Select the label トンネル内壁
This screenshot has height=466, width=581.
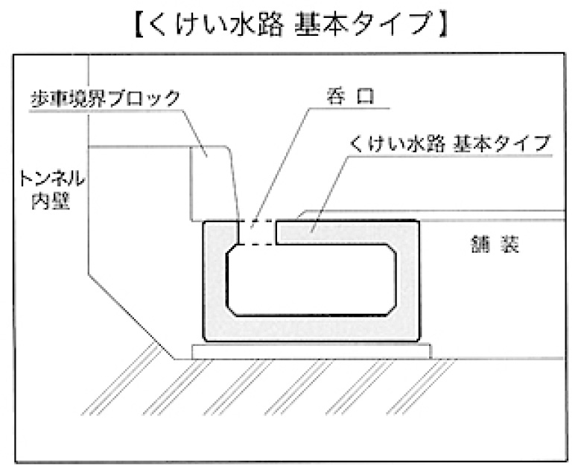tap(54, 189)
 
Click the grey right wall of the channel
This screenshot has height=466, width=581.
tap(407, 280)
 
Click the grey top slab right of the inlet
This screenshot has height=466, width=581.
tap(343, 232)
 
